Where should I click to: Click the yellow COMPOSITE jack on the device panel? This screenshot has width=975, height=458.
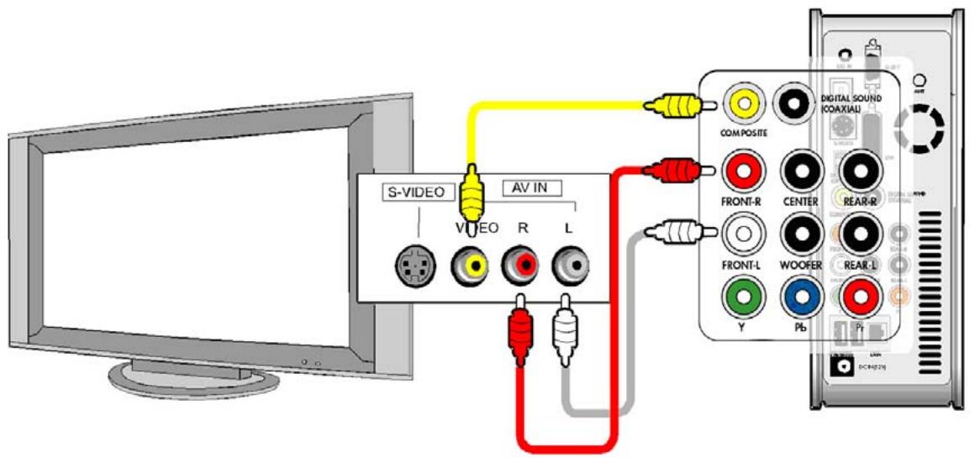point(743,105)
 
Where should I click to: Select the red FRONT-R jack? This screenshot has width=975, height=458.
point(743,171)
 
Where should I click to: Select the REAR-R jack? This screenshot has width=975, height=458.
point(858,171)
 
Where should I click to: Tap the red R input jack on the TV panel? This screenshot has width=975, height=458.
point(519,266)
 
